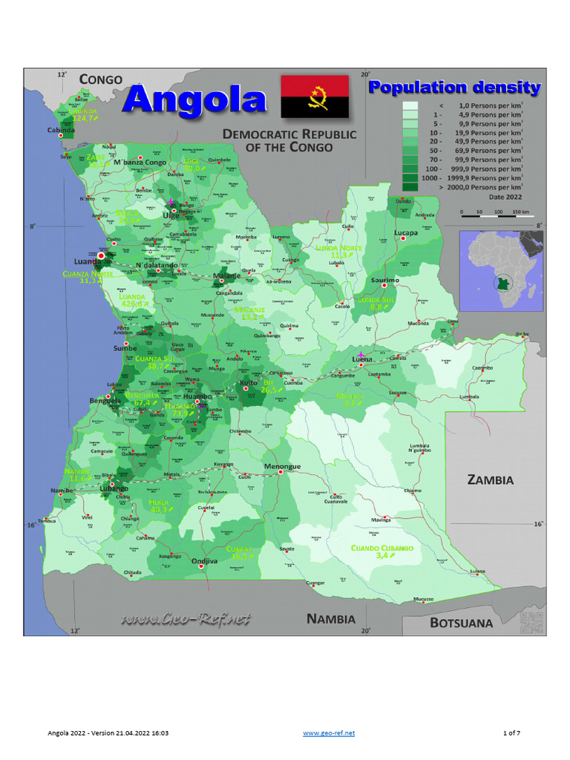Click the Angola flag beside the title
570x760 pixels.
(315, 96)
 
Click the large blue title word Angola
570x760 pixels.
(194, 99)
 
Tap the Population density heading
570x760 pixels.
(455, 88)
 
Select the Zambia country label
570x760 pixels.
(490, 479)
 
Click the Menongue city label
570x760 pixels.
(282, 466)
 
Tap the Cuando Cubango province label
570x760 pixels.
(382, 548)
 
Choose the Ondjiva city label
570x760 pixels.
(204, 562)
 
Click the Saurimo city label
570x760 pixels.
(386, 280)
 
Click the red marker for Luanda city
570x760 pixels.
(101, 256)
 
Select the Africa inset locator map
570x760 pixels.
(501, 269)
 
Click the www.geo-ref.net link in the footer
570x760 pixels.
(329, 733)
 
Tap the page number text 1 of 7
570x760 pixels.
(511, 733)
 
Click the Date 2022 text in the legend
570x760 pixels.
(505, 197)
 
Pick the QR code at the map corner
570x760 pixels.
(531, 623)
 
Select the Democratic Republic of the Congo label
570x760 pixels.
(289, 140)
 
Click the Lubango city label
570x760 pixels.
(114, 489)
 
